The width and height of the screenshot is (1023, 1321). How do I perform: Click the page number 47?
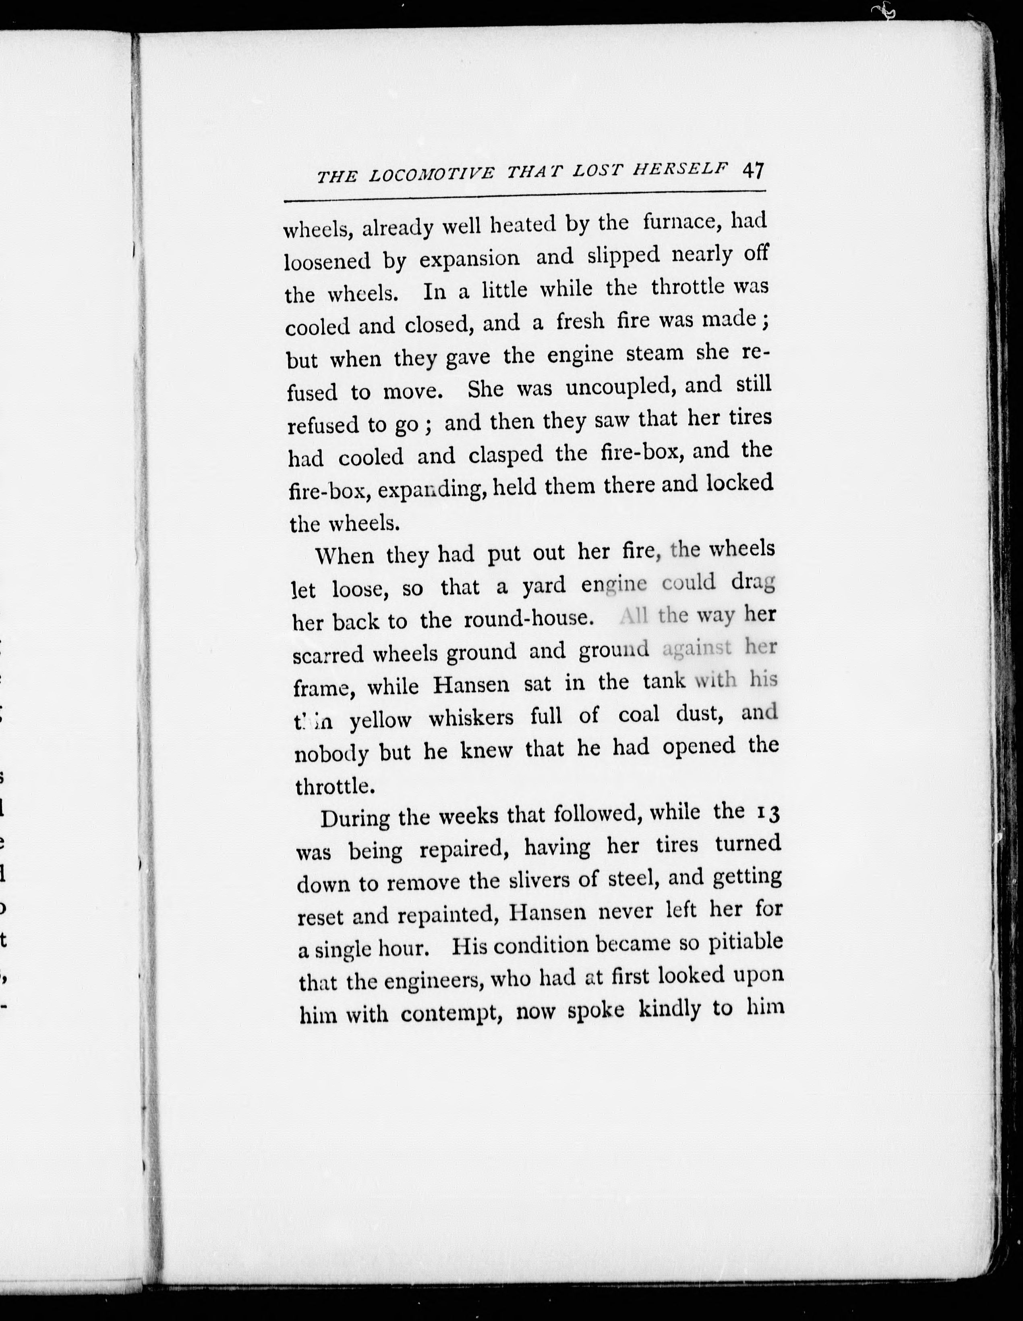pyautogui.click(x=753, y=170)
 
